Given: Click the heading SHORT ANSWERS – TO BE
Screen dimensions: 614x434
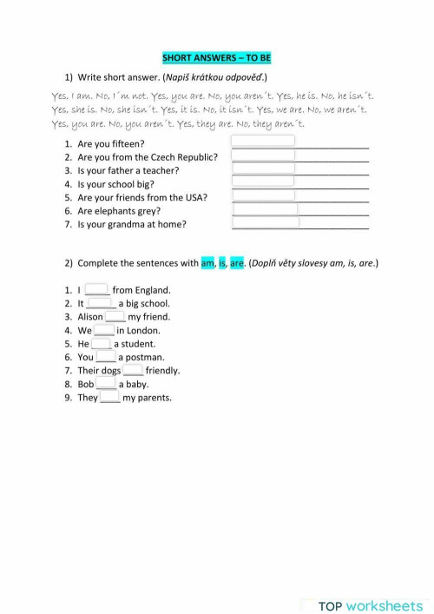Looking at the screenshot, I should click(x=216, y=58).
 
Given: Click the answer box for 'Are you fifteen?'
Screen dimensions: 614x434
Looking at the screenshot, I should click(x=263, y=142).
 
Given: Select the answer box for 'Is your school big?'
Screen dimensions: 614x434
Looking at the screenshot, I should click(x=263, y=182).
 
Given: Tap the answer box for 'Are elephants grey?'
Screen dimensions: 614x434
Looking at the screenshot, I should click(x=265, y=209).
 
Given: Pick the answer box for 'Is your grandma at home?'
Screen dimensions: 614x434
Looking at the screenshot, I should click(x=266, y=223).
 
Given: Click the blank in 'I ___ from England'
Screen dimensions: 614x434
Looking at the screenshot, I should click(x=96, y=290).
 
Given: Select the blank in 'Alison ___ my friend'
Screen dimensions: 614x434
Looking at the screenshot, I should click(x=115, y=317).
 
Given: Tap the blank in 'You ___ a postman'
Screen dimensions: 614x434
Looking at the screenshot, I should click(x=106, y=357).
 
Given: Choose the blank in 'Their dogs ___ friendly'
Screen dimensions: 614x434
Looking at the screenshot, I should click(x=133, y=370).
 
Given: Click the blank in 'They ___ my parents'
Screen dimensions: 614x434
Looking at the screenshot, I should click(x=109, y=398).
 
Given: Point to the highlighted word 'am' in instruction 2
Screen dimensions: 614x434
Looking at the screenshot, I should click(x=208, y=263).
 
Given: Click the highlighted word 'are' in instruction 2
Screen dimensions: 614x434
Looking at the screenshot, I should click(x=237, y=263).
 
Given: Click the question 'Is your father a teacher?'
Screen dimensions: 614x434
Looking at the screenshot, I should click(x=128, y=170).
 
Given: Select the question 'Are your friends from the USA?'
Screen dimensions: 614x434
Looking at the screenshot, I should click(x=142, y=197).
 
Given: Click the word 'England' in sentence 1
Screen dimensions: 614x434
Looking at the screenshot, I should click(x=153, y=290).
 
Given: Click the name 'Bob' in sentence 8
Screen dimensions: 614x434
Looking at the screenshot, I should click(x=86, y=384).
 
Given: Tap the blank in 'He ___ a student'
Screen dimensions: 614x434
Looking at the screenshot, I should click(x=102, y=343).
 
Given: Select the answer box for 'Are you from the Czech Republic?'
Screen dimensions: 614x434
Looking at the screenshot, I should click(x=263, y=155).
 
